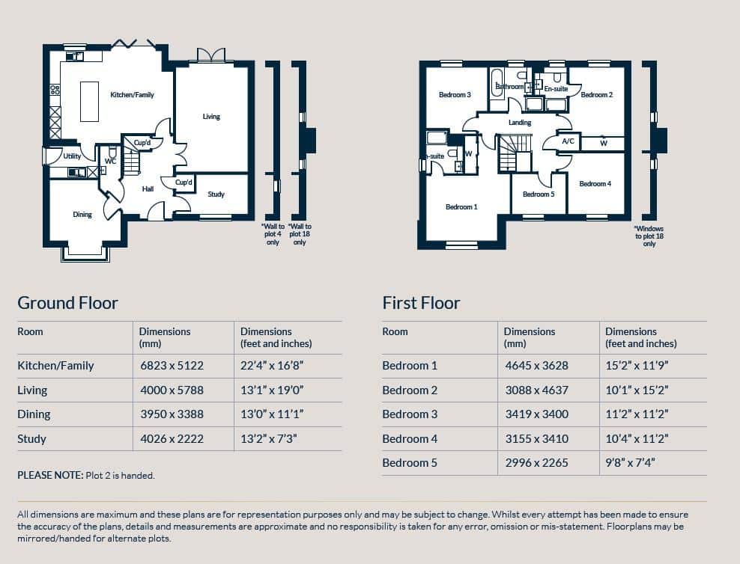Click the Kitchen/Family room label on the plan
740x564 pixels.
pos(132,95)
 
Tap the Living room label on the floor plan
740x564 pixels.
pos(211,117)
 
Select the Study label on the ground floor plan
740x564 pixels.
pos(216,194)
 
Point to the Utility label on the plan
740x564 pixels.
pos(72,156)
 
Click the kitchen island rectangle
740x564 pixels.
pos(89,102)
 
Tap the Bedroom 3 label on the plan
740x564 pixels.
pos(455,95)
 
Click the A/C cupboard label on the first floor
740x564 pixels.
pos(568,141)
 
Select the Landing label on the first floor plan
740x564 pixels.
pos(520,123)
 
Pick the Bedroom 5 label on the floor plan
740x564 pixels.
pos(539,194)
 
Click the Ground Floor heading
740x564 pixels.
pos(67,303)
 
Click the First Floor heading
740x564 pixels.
pos(421,303)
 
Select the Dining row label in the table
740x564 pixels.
pos(34,414)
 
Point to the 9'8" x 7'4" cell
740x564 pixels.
pos(630,462)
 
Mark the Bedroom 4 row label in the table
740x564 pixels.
pos(410,438)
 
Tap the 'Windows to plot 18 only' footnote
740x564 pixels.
pos(649,236)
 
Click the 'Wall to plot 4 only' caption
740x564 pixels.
pos(273,234)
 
